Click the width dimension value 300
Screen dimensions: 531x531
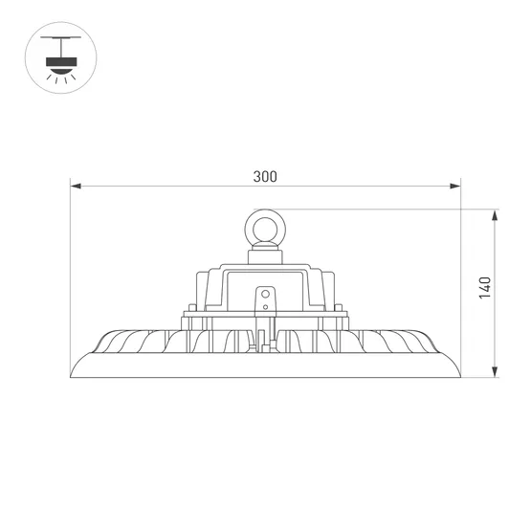pos(265,176)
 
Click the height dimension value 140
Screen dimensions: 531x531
pos(485,288)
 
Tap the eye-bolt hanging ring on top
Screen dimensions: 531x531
pos(265,229)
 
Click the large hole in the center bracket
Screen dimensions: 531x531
pos(265,292)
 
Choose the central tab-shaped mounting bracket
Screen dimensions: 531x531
pos(265,299)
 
